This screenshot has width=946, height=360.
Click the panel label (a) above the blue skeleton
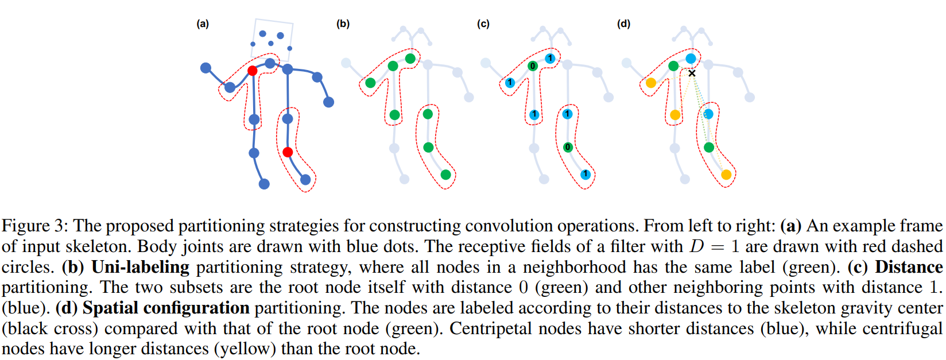203,24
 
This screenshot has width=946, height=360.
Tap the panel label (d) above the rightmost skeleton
623,24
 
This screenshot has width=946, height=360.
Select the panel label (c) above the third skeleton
483,24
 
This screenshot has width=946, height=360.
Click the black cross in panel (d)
692,73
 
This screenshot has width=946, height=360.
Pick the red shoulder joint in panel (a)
252,71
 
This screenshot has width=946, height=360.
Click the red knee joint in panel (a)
288,152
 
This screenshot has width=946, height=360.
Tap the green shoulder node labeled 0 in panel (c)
533,66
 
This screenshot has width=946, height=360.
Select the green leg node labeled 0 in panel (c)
568,148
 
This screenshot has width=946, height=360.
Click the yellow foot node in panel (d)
726,175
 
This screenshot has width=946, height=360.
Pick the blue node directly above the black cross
691,59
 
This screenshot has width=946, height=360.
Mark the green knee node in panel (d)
709,148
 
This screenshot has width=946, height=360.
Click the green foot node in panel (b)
446,175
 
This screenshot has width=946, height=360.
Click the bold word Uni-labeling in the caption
140,267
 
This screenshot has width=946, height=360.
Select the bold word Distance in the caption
909,267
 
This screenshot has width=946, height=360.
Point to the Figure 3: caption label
35,226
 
